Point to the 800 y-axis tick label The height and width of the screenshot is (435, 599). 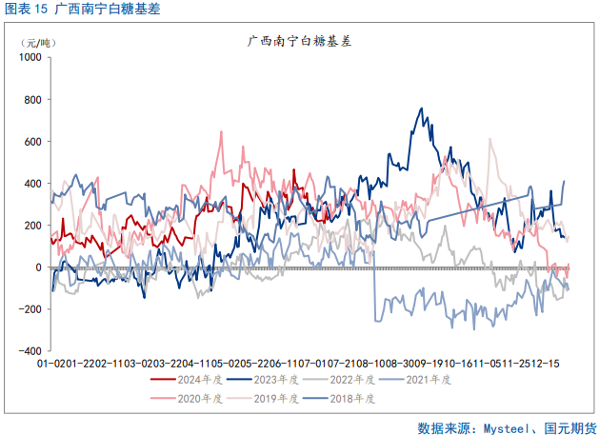pyautogui.click(x=32, y=99)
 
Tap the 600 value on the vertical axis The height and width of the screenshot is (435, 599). pyautogui.click(x=32, y=141)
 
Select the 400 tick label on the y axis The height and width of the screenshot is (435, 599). pyautogui.click(x=32, y=183)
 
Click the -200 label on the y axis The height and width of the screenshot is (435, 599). pyautogui.click(x=30, y=309)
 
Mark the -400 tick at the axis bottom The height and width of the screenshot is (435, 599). pyautogui.click(x=30, y=351)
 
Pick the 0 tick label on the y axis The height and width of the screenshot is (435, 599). pyautogui.click(x=38, y=267)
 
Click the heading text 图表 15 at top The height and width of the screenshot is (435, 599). pyautogui.click(x=26, y=10)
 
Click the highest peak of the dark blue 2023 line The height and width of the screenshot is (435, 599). pyautogui.click(x=422, y=109)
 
